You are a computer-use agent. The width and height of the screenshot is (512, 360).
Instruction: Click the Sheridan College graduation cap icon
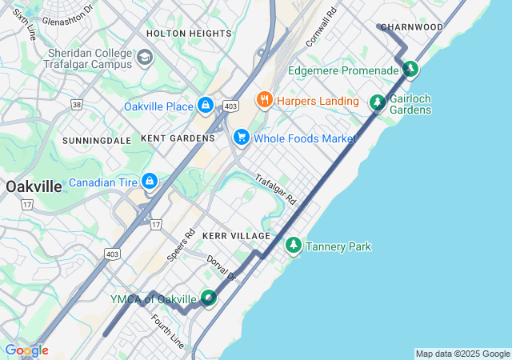[x=145, y=57]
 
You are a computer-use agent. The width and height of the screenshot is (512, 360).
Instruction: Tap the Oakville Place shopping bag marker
[x=206, y=105]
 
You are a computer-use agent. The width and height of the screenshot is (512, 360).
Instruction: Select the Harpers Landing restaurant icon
[x=263, y=100]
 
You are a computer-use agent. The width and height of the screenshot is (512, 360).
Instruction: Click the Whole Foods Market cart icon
[x=241, y=138]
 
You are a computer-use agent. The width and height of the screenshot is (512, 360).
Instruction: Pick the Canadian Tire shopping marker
[x=149, y=182]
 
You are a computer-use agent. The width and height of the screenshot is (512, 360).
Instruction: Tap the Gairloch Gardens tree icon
[x=377, y=102]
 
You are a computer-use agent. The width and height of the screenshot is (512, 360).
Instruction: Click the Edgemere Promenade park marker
[x=410, y=70]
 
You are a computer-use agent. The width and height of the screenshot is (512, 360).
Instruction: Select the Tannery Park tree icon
[x=294, y=245]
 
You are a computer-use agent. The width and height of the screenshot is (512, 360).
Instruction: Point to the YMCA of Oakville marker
[x=208, y=298]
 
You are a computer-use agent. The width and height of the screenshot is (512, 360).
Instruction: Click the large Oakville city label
[x=34, y=186]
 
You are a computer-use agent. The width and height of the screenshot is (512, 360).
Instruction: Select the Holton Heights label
[x=189, y=34]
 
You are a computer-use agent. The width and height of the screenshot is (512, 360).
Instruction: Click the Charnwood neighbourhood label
[x=411, y=27]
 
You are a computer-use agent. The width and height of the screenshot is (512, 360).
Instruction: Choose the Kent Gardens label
[x=178, y=138]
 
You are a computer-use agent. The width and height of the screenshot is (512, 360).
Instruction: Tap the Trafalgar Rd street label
[x=276, y=189]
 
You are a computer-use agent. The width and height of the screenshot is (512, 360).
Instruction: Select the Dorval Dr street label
[x=222, y=268]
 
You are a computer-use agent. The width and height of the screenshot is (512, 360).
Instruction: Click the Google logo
[x=26, y=350]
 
